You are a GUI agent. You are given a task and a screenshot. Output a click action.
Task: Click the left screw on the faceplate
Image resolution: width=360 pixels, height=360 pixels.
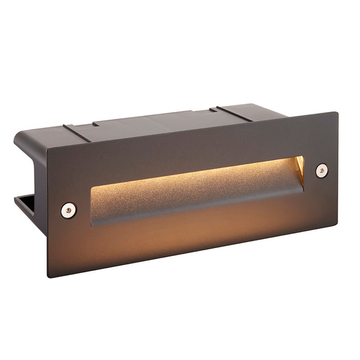(x=69, y=210)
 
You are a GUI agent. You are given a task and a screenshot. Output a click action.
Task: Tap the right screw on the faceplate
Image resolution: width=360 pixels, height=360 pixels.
(x=322, y=170)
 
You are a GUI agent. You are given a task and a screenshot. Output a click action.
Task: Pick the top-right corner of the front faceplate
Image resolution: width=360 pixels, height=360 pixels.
(x=337, y=112)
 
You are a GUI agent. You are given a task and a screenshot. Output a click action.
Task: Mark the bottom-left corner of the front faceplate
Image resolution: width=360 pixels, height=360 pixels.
(x=48, y=276)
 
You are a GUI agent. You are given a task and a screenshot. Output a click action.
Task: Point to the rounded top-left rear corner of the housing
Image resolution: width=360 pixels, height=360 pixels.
(x=20, y=135)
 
